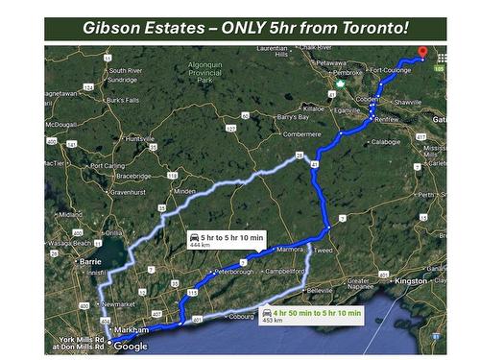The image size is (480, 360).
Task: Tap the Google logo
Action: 131,346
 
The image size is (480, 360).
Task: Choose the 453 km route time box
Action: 311,314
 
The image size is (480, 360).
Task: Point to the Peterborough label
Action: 236,272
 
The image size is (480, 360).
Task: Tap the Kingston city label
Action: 411,280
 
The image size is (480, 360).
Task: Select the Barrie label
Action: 91,260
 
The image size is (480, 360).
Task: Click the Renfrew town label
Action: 388,119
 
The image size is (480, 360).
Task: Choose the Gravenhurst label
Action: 127,191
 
